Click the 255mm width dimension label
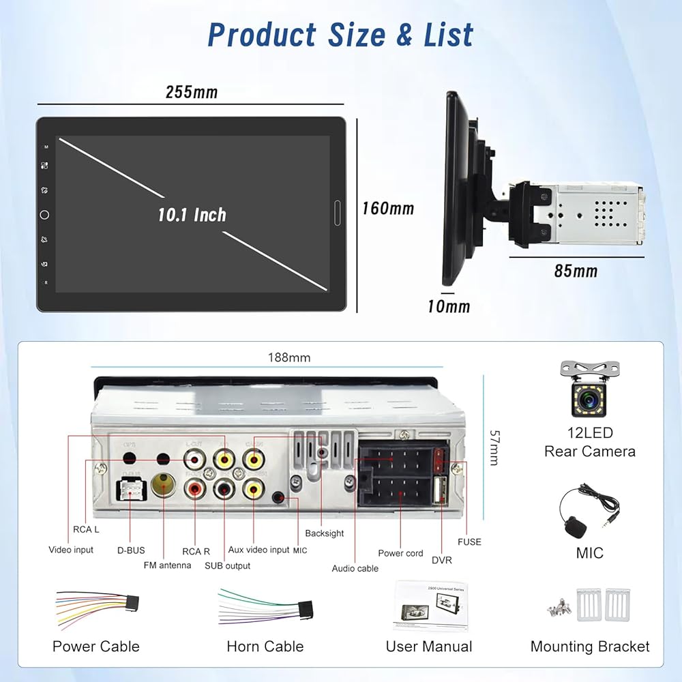coord(192,92)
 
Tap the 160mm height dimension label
coord(387,208)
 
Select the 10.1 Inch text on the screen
coord(192,215)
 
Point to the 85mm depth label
coord(576,271)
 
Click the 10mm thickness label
coord(448,306)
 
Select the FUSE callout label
coord(469,542)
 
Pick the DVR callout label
coord(441,560)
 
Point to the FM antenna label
coord(167,565)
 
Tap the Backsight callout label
coord(325,533)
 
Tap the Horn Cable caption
coord(265,647)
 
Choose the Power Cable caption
coord(95,647)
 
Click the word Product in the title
coord(262,35)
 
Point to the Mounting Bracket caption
coord(590,647)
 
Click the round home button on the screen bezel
coord(44,215)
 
